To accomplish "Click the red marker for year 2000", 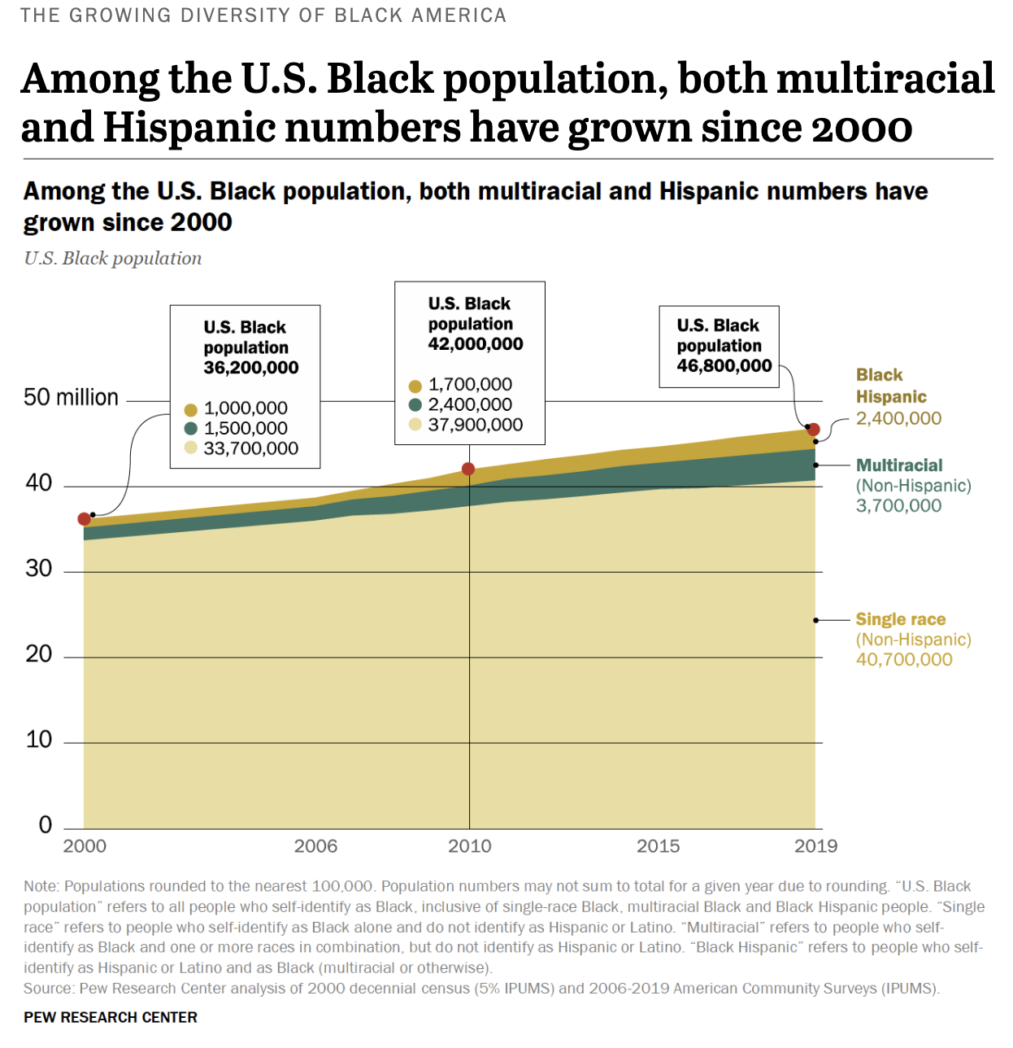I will click(84, 519).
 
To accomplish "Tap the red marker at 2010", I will click(468, 469).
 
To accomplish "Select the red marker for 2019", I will click(813, 430).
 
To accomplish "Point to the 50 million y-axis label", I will click(71, 398).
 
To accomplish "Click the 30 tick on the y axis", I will click(38, 569).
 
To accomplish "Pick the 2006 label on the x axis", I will click(315, 846).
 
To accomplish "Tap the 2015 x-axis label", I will click(658, 846).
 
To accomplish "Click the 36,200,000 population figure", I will click(251, 368).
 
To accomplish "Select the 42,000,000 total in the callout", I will click(476, 344).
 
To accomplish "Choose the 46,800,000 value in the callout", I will click(724, 366).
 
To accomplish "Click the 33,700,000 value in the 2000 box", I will click(251, 448).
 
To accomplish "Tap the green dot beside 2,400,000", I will click(415, 405).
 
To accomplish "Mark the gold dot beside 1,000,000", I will click(191, 409).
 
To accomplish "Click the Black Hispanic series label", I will click(890, 386).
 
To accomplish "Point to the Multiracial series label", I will click(899, 465).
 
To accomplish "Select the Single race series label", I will click(900, 619).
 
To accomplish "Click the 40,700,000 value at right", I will click(903, 660).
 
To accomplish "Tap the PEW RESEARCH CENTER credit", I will click(111, 1018).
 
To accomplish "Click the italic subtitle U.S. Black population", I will click(113, 259).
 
